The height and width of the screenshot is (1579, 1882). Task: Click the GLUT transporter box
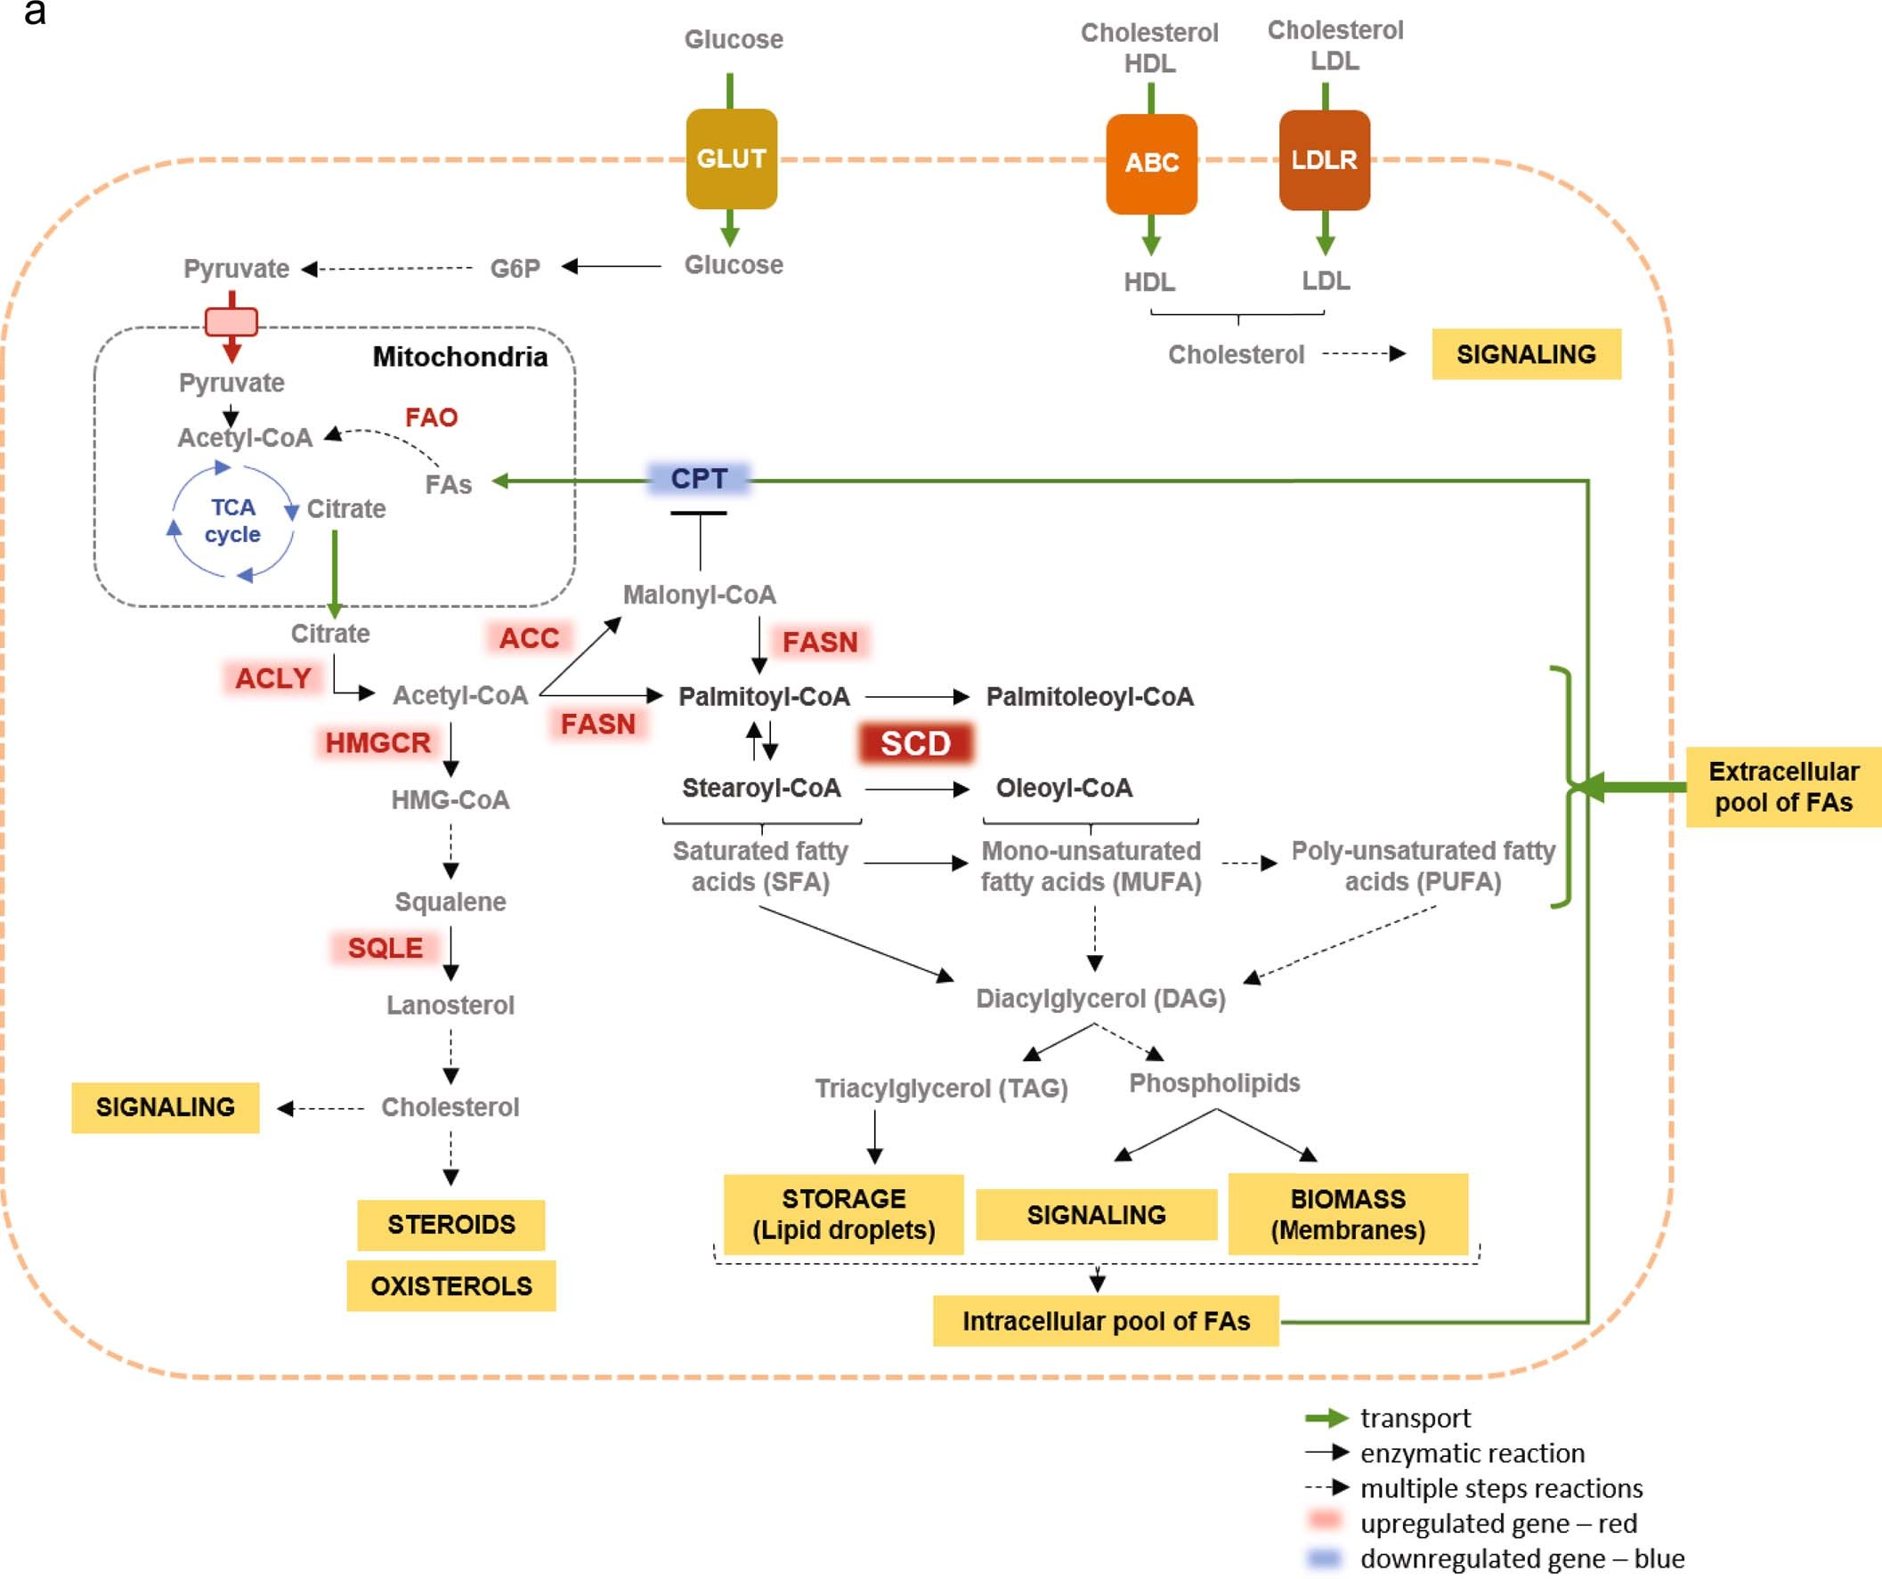(731, 158)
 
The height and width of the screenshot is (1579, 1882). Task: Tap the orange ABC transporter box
(1152, 163)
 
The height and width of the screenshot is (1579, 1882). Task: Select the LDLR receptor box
(1324, 160)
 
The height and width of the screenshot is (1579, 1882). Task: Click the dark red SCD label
(916, 743)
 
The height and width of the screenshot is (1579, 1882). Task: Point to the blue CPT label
(699, 479)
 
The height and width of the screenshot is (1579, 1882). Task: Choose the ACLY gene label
(272, 678)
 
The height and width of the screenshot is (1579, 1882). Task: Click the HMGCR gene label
(377, 743)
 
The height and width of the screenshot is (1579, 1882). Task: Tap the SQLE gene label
(385, 948)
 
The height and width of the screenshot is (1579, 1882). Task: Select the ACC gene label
(529, 638)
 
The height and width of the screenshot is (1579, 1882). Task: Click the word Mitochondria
(459, 357)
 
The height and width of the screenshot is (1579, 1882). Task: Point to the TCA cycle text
(232, 521)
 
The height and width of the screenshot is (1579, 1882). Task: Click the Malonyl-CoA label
(699, 595)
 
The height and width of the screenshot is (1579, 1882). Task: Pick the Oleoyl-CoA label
(1064, 789)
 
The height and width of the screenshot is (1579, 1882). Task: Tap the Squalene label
(450, 902)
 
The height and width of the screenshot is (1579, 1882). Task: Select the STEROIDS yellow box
(450, 1224)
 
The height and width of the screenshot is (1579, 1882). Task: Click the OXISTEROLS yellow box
(450, 1286)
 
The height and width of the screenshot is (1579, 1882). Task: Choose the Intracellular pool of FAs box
(1105, 1321)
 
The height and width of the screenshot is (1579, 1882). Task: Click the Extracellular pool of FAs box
(1782, 787)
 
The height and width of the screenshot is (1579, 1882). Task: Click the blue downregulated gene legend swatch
(1324, 1559)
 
